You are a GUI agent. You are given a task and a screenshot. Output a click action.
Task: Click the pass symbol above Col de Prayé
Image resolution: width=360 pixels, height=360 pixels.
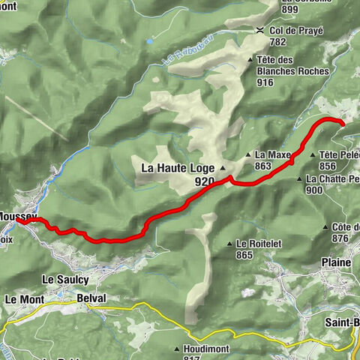[259, 30]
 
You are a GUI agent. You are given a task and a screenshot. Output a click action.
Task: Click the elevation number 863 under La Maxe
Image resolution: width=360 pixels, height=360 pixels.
[263, 166]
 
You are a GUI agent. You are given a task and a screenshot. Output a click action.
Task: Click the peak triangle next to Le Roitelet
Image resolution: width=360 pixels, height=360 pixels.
[230, 244]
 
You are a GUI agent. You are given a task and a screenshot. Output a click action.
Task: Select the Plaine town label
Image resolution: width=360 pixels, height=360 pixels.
[336, 262]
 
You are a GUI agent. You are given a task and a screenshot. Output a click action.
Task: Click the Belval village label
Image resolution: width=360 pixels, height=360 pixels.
[91, 298]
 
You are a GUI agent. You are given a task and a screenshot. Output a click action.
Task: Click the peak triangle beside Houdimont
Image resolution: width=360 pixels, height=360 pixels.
[177, 349]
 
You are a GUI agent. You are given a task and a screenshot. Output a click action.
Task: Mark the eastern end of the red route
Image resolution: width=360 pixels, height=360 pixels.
[341, 123]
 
